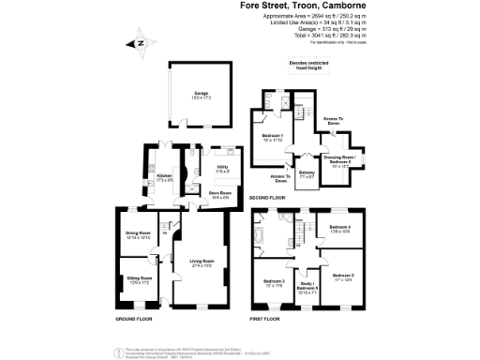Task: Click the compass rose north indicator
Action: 141,42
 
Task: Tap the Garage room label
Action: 201,95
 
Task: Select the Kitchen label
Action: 164,175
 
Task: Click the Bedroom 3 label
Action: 274,282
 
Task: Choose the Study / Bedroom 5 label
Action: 308,288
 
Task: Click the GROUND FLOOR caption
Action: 135,319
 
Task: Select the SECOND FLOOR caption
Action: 266,198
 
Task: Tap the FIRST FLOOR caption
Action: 265,319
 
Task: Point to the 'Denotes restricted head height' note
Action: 312,65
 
